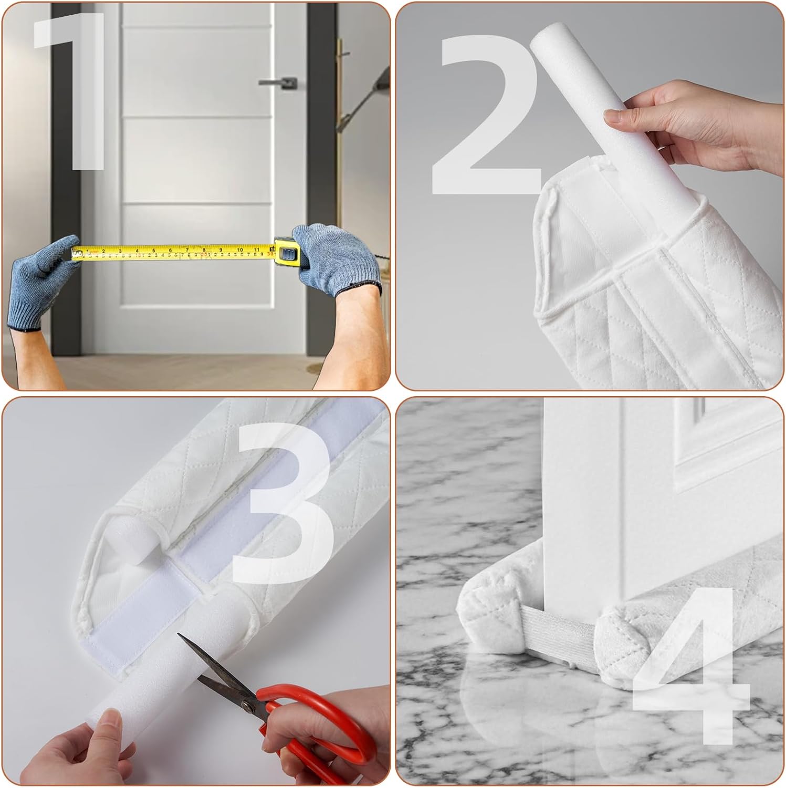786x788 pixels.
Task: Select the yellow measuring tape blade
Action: pos(173,252)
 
